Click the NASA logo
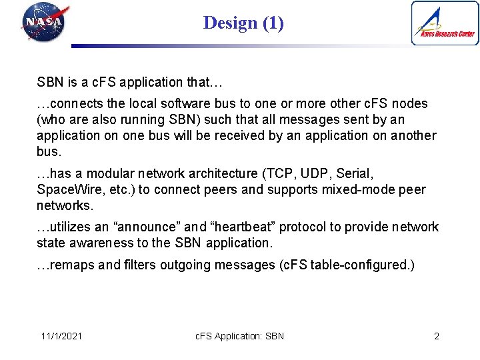click(45, 21)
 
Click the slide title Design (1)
click(243, 23)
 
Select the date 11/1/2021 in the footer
click(61, 336)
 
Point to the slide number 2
click(437, 336)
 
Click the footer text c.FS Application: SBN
click(239, 336)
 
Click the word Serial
click(354, 173)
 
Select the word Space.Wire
click(69, 189)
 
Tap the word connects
click(76, 104)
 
